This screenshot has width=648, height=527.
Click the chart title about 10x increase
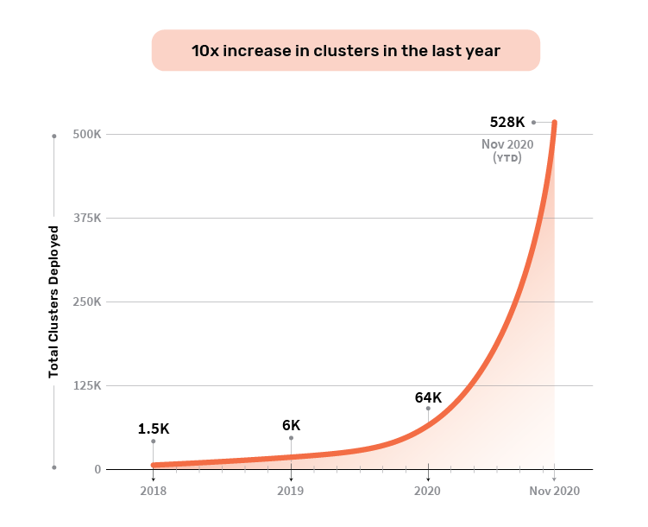point(345,51)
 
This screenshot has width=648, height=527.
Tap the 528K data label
point(506,122)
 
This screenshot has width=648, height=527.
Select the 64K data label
point(428,397)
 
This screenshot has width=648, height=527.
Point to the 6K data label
point(291,425)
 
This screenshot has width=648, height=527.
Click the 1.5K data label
point(154,429)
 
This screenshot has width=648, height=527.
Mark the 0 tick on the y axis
point(98,470)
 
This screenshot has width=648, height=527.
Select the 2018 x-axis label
point(154,491)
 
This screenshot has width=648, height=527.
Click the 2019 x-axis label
point(291,491)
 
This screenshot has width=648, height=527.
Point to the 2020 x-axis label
point(428,491)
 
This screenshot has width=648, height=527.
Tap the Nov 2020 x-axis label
point(555,491)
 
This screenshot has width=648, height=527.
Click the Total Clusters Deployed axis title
point(53,302)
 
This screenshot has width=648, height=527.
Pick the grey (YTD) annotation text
point(506,158)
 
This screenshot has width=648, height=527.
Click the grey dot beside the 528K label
point(533,122)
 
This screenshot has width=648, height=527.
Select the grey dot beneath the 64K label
point(428,409)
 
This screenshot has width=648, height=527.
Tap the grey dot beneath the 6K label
point(291,438)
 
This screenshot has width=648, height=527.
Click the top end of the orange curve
point(554,123)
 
